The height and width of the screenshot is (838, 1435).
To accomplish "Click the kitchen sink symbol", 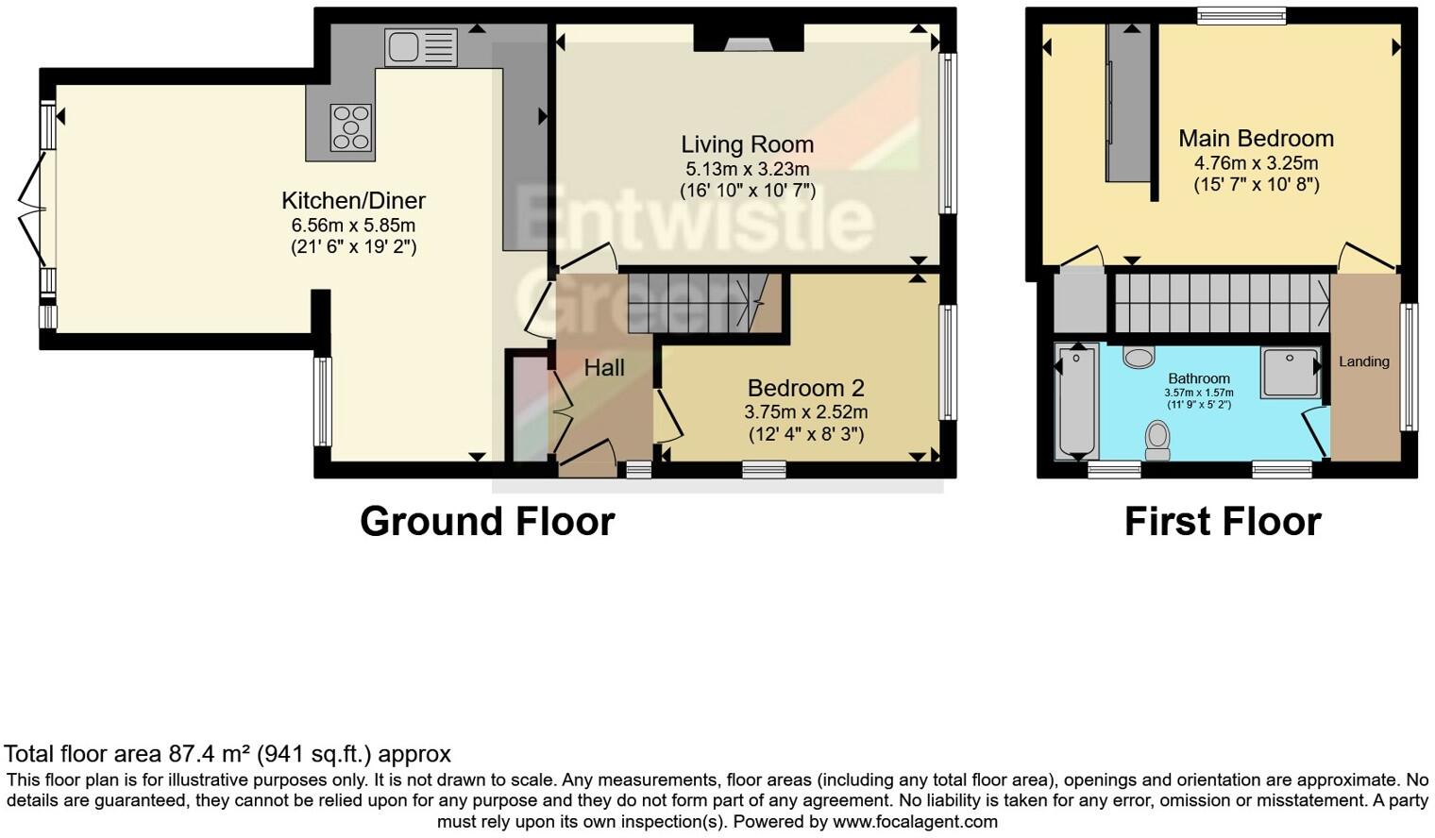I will [x=421, y=47].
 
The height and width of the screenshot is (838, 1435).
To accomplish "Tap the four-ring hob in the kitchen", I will [x=351, y=127].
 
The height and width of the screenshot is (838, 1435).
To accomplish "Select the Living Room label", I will [x=747, y=144].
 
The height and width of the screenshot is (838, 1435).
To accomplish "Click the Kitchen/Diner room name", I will [x=353, y=200].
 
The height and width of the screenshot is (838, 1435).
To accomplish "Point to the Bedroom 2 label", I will [x=805, y=388].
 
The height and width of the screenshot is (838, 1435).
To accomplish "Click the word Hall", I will [x=604, y=368].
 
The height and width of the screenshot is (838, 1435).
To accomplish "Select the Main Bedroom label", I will [x=1256, y=139].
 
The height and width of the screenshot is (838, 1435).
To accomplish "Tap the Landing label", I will [x=1363, y=361].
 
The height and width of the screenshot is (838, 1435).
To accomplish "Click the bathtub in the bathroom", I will [x=1076, y=401].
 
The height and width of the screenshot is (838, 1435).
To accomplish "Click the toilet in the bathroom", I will [x=1157, y=440].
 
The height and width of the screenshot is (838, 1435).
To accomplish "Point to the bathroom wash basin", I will [x=1140, y=357].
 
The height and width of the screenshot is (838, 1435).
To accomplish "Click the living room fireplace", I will [x=748, y=40].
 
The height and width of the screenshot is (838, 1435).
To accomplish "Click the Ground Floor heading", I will [x=487, y=522].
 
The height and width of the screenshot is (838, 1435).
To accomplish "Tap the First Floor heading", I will [x=1222, y=522].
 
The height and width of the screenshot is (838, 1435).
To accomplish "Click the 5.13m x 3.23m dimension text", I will [x=747, y=170].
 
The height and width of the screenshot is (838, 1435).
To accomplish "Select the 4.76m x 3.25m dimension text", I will [x=1256, y=163].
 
